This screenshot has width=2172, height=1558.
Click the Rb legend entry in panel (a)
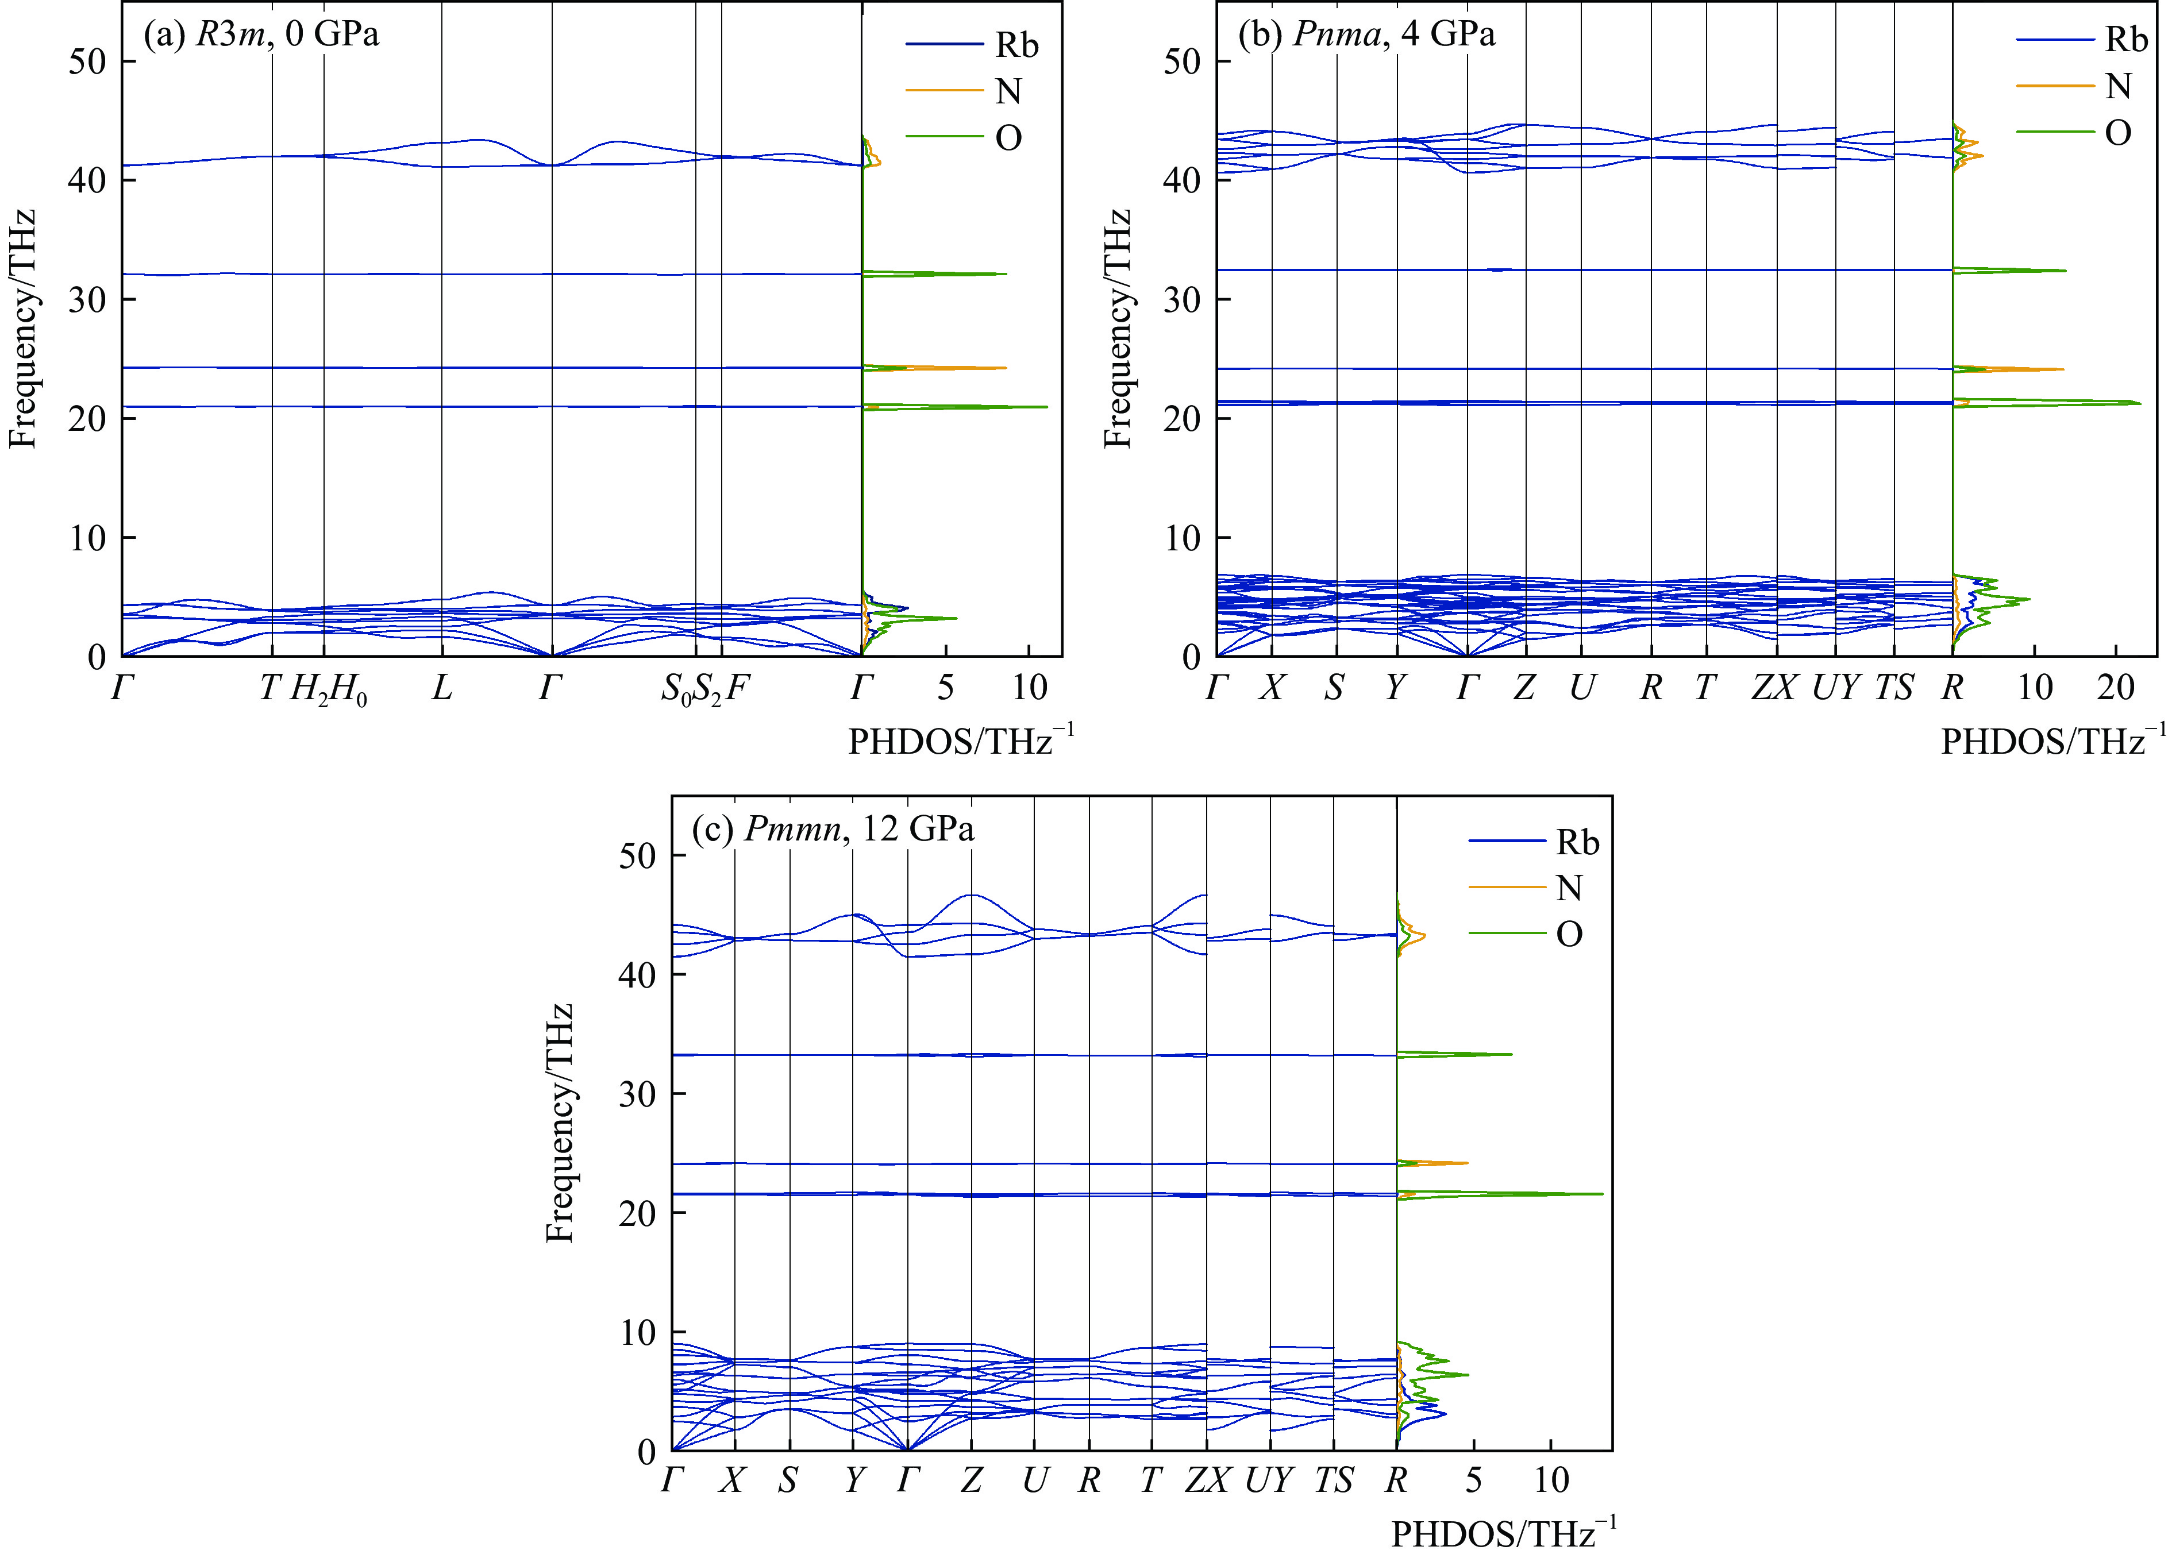point(1016,45)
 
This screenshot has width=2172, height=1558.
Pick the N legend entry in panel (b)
point(2119,87)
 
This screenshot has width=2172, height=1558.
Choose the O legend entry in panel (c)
point(1569,934)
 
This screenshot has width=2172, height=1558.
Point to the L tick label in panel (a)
point(441,688)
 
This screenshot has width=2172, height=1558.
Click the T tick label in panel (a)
point(271,688)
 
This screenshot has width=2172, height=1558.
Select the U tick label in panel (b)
point(1582,688)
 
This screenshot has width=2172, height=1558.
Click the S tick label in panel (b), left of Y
point(1334,688)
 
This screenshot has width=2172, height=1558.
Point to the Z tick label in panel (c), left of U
point(971,1482)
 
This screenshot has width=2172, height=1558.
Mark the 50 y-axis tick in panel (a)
point(87,61)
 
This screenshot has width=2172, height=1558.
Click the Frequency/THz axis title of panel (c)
point(559,1123)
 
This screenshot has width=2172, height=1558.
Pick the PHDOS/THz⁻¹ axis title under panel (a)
point(961,741)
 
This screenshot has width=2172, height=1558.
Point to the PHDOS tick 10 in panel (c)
point(1551,1482)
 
